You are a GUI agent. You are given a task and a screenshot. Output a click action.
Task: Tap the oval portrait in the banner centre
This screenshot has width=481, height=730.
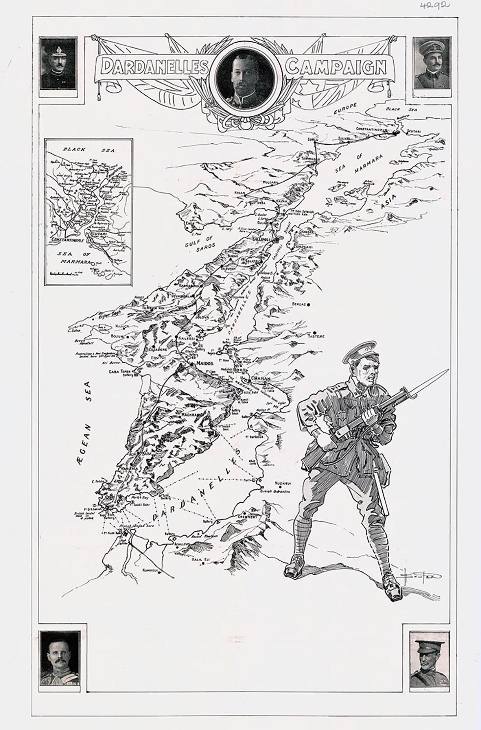tap(247, 75)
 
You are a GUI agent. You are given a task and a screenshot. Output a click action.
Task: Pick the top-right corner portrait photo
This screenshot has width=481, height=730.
tap(432, 64)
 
